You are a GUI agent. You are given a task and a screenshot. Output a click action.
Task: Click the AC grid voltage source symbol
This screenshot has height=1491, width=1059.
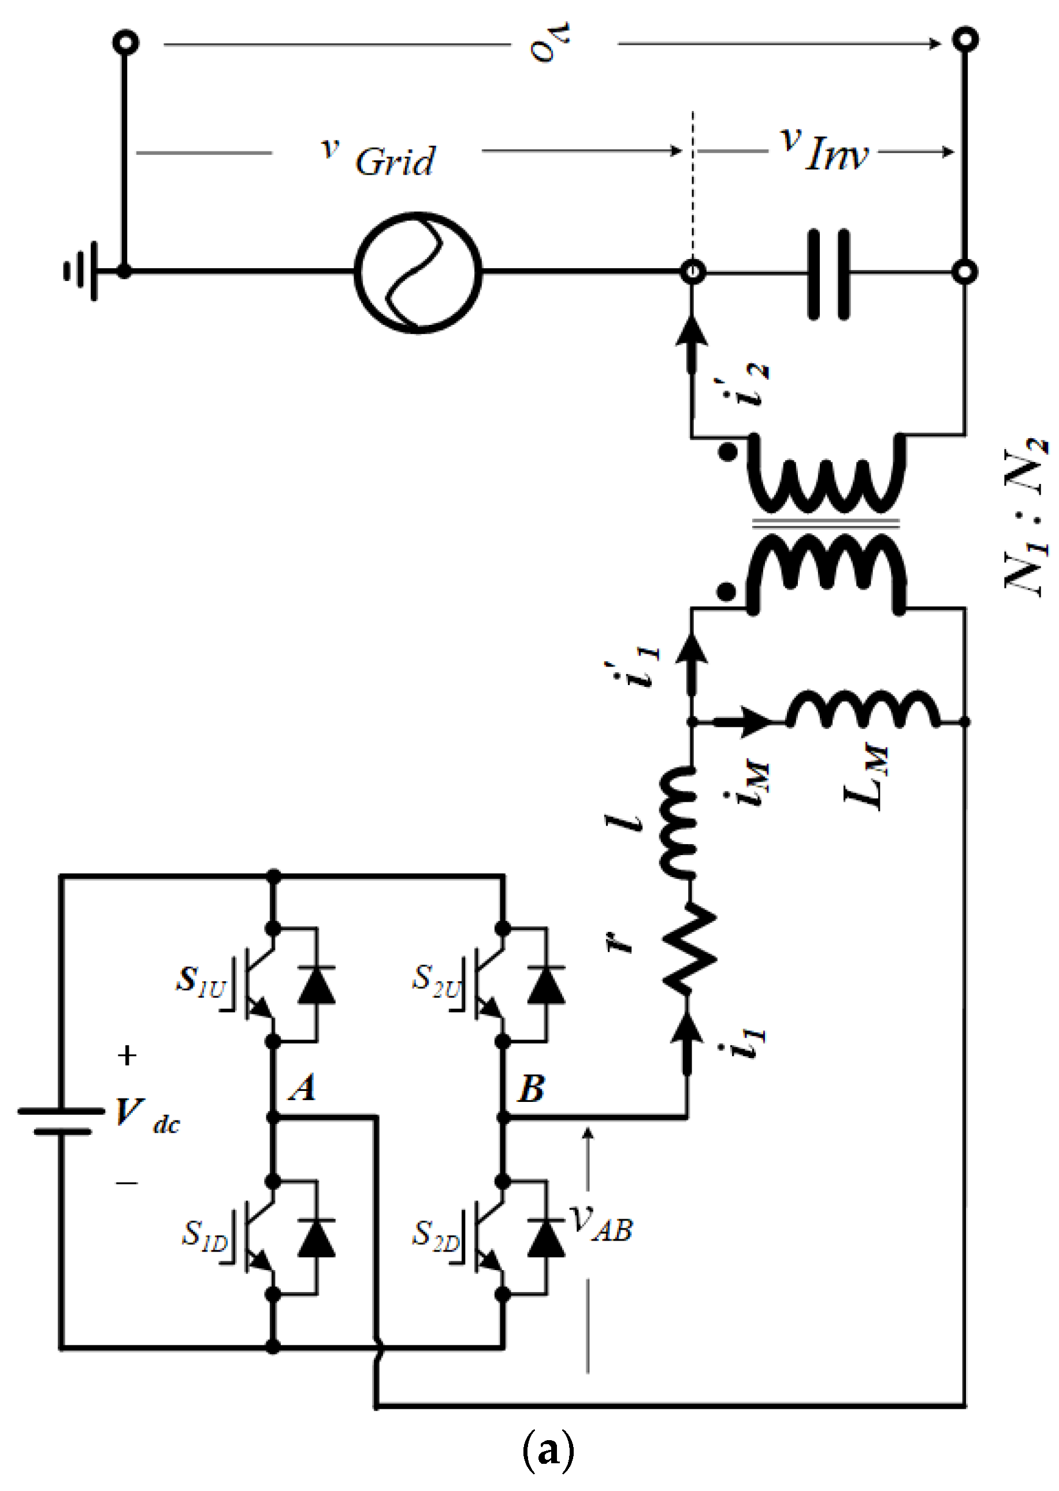(x=418, y=272)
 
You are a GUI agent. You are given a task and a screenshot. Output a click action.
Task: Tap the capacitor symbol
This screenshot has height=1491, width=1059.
(x=828, y=273)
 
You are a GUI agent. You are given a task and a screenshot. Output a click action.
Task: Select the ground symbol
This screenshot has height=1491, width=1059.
(x=81, y=271)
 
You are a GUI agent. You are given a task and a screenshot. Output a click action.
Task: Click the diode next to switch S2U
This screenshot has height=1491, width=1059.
(x=546, y=985)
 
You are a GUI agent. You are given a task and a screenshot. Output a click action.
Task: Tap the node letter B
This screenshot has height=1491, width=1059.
(x=532, y=1089)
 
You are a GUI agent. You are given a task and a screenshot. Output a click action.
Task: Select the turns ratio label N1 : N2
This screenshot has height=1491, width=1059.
(x=1027, y=516)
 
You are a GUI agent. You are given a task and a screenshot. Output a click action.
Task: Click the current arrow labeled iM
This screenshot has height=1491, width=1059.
(x=744, y=721)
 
